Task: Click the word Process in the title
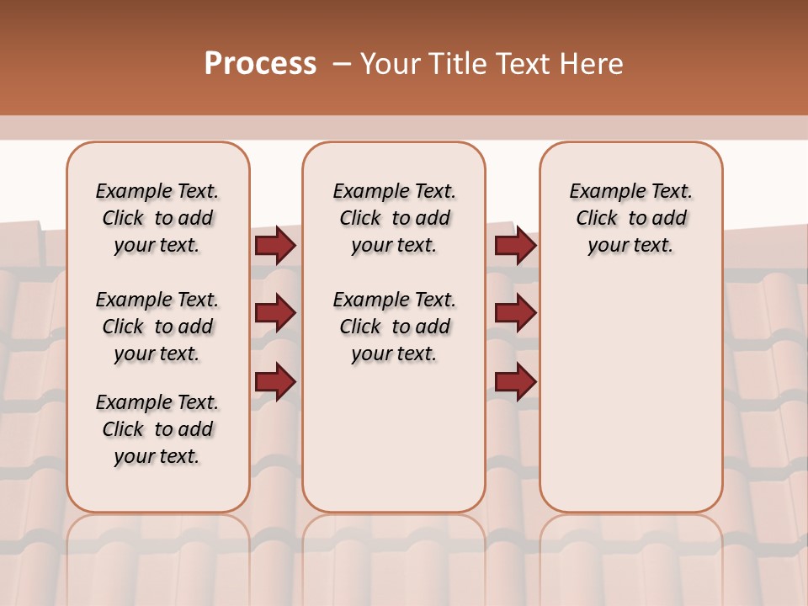[260, 64]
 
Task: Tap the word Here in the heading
[591, 64]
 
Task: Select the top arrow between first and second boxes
[275, 246]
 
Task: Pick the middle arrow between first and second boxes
[275, 314]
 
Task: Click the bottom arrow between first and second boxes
[275, 382]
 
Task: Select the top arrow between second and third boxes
[515, 246]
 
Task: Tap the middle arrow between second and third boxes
[515, 314]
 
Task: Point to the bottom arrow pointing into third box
[515, 382]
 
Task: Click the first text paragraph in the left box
[157, 218]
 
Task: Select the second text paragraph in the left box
[157, 327]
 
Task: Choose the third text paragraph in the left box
[157, 429]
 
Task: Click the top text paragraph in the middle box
[394, 218]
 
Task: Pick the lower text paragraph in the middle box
[394, 327]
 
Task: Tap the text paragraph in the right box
[630, 218]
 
